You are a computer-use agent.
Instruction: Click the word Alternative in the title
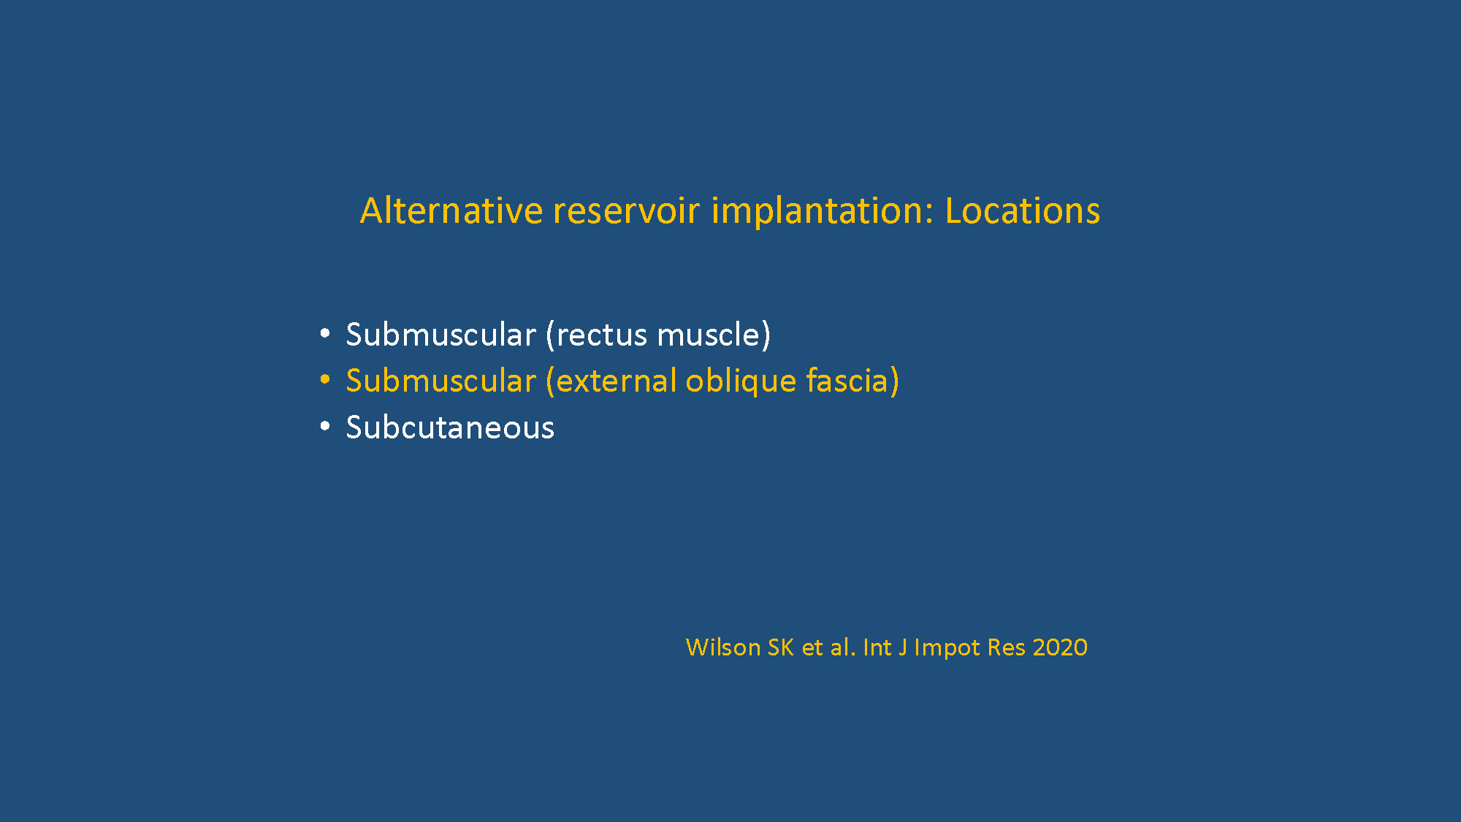(451, 210)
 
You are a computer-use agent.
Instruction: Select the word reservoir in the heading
(627, 210)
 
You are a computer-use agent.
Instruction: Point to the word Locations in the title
(1023, 210)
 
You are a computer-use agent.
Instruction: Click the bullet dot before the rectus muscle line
(325, 334)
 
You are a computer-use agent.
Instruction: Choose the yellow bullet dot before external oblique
(325, 380)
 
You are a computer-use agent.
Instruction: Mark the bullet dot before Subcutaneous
(325, 426)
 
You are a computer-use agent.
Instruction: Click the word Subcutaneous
(450, 427)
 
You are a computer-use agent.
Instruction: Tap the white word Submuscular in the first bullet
(441, 335)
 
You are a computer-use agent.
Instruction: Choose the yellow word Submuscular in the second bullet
(441, 381)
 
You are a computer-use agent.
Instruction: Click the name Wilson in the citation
(723, 647)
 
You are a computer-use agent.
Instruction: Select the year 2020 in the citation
(1060, 647)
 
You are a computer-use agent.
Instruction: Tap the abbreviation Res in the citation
(1007, 647)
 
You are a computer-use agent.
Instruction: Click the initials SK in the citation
(780, 647)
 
